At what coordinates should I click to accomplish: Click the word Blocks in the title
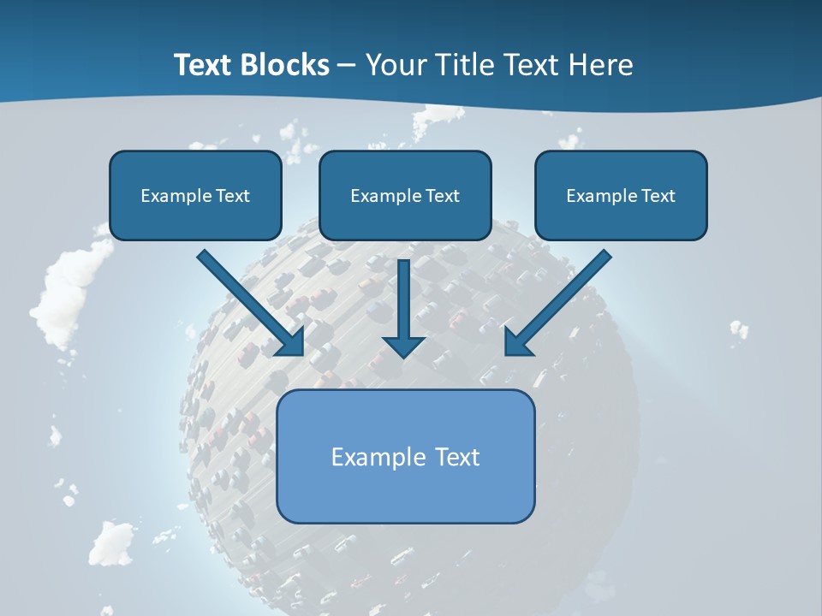click(287, 65)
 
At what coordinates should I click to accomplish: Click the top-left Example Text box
click(195, 195)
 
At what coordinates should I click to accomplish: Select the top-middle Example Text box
click(405, 195)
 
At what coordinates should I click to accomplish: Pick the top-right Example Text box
click(621, 195)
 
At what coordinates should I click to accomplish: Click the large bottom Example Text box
click(405, 456)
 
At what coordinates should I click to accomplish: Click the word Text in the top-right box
click(658, 196)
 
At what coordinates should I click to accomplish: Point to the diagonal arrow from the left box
click(248, 301)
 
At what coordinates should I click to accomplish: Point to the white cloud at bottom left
click(111, 542)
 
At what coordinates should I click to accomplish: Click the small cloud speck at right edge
click(738, 329)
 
